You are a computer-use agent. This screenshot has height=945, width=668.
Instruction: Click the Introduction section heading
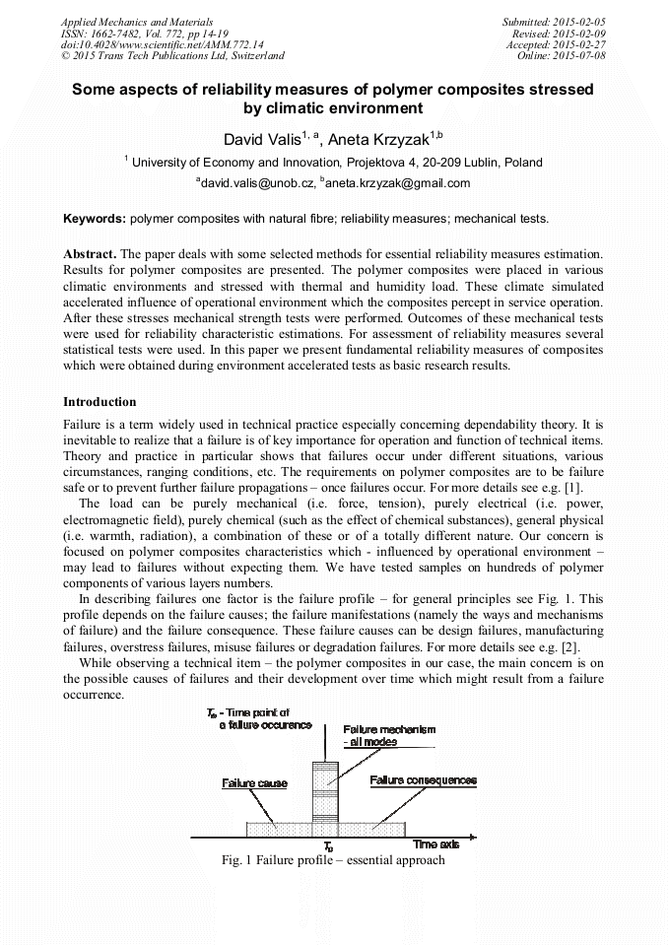[x=100, y=402]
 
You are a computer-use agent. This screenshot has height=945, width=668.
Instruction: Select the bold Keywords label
[x=95, y=219]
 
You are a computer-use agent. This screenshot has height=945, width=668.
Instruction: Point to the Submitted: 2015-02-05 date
[x=555, y=22]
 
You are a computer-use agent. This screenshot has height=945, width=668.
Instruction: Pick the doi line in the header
[x=162, y=44]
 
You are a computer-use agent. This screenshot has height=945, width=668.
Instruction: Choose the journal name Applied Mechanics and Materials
[x=137, y=22]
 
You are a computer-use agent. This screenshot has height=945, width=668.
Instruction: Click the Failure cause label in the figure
[x=254, y=783]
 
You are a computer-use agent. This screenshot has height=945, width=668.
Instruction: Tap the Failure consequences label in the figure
[x=423, y=780]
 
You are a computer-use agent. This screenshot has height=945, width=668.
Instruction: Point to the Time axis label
[x=435, y=844]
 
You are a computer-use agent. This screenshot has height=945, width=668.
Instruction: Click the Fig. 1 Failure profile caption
[x=333, y=860]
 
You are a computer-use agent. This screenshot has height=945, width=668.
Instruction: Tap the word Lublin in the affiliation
[x=476, y=163]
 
